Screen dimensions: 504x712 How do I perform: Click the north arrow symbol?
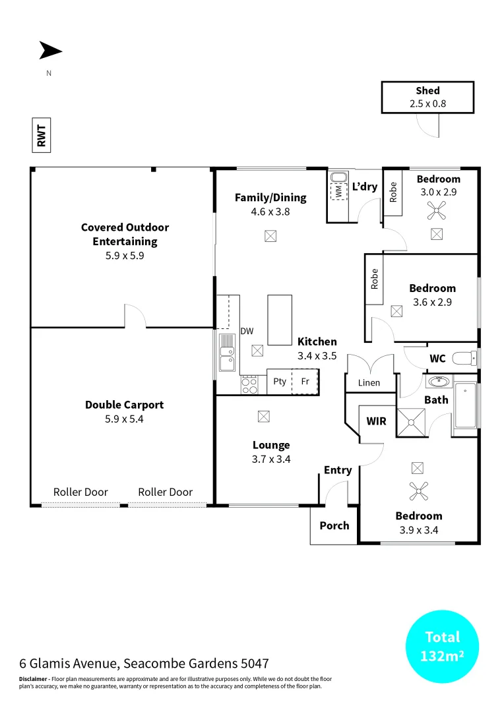[50, 51]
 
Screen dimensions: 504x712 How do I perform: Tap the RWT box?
[41, 134]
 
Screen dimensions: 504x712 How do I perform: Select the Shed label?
[427, 91]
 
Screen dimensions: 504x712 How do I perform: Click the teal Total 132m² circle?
[442, 647]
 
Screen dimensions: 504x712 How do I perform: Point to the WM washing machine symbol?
[338, 191]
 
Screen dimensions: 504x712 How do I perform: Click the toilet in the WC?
[465, 359]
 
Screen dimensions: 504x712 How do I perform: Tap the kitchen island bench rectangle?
[279, 320]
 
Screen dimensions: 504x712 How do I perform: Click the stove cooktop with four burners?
[249, 384]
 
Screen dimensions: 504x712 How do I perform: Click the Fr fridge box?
[305, 382]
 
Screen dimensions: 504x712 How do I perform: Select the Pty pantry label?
[280, 382]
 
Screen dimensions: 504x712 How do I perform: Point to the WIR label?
[376, 421]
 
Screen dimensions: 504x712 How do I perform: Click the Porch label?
[334, 525]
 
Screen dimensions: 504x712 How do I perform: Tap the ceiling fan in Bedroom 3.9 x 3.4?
[417, 490]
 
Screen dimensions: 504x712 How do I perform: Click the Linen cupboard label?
[369, 383]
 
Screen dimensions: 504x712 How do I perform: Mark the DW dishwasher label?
[247, 331]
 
